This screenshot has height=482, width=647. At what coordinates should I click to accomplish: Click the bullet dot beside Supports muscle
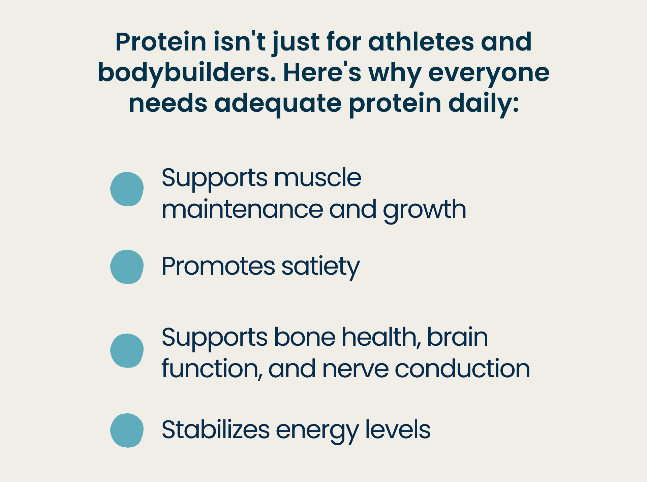click(x=127, y=189)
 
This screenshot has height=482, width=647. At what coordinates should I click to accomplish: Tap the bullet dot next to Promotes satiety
click(x=127, y=267)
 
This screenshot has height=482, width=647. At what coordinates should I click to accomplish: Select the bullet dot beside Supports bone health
click(x=127, y=351)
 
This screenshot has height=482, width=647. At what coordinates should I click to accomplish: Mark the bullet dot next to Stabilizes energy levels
click(x=127, y=430)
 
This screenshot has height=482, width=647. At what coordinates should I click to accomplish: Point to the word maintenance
click(x=242, y=209)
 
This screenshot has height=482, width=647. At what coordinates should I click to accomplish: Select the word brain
click(x=457, y=337)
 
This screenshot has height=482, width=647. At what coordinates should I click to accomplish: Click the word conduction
click(x=462, y=369)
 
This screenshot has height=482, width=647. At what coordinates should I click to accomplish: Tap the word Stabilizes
click(x=216, y=430)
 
